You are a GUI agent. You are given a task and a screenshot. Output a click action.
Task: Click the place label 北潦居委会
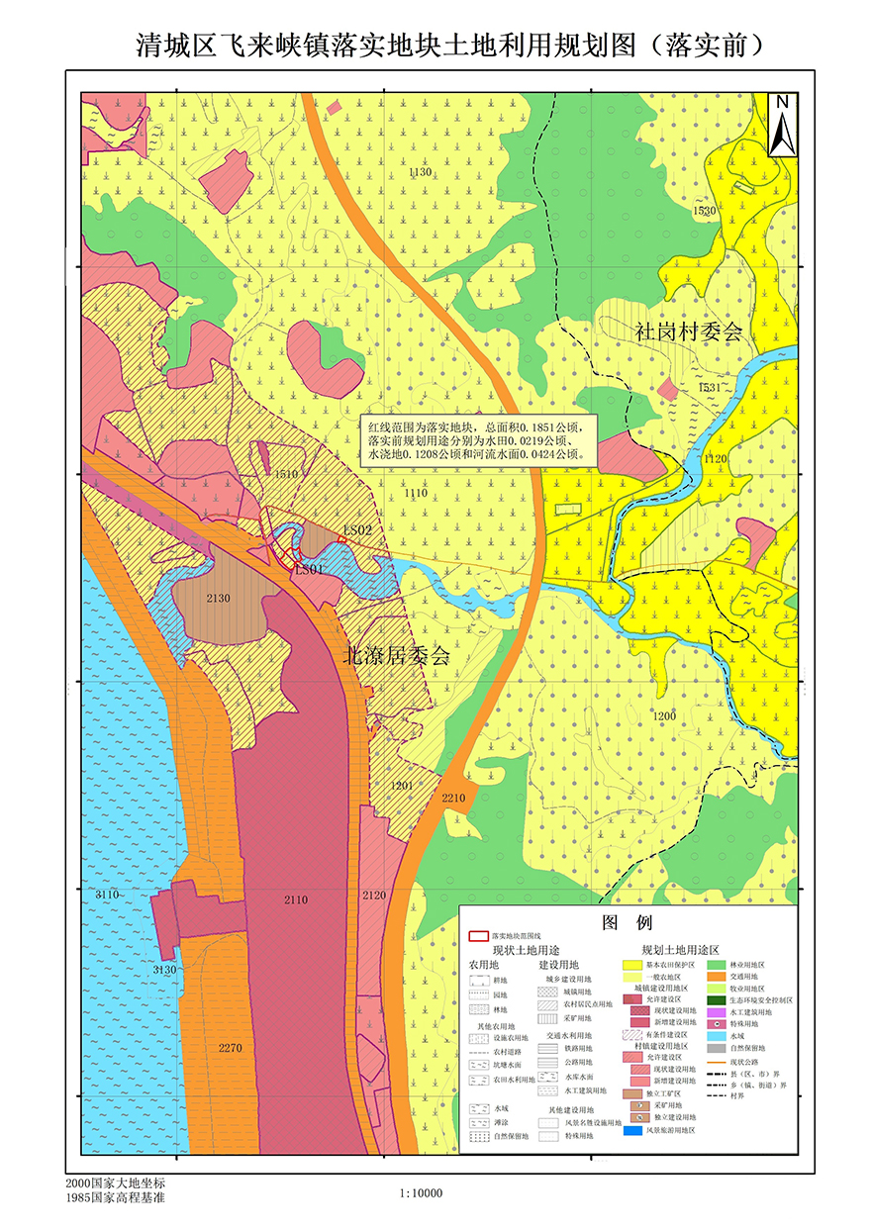[x=396, y=655]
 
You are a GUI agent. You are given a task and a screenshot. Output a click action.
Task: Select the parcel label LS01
[x=308, y=570]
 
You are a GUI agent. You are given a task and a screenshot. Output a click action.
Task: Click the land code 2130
[x=218, y=599]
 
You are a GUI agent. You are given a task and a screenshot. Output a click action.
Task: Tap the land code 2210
[x=453, y=798]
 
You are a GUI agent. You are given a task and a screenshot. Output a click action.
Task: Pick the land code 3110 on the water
[x=107, y=895]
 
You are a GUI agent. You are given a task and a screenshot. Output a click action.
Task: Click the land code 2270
[x=230, y=1048]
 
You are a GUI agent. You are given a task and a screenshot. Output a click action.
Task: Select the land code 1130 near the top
[x=420, y=172]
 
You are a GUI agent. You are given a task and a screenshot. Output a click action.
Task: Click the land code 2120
[x=374, y=896]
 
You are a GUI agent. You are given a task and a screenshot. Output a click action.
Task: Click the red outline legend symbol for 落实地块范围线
[x=477, y=934]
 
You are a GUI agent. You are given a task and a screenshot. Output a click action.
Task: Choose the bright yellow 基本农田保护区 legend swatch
[x=632, y=964]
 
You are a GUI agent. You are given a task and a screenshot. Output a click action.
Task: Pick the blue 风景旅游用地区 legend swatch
[x=632, y=1129]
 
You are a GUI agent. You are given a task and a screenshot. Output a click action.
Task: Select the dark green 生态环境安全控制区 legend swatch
[x=717, y=999]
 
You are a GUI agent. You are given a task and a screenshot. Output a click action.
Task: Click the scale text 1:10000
[x=421, y=1193]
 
